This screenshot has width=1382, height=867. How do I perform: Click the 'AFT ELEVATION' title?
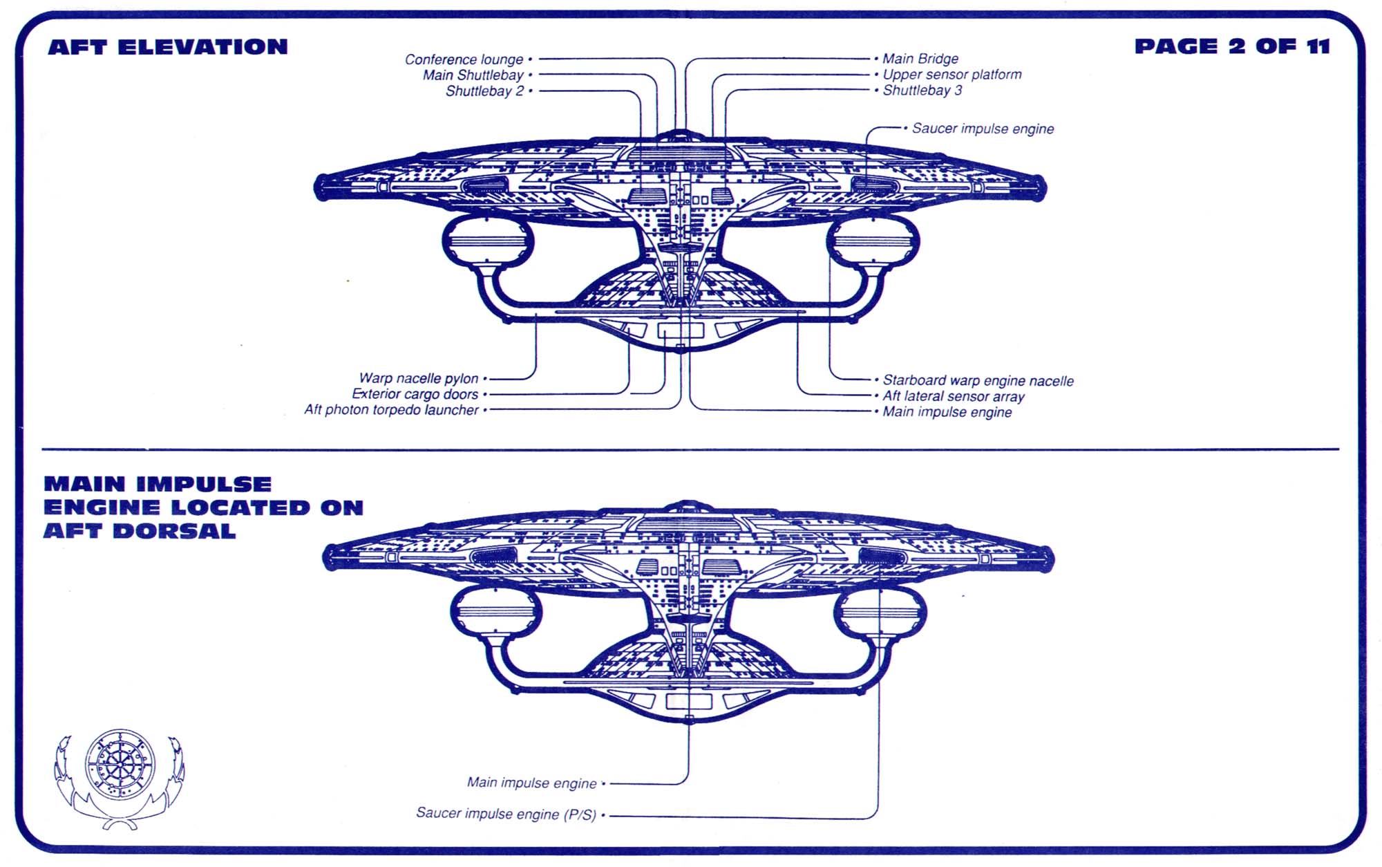point(168,47)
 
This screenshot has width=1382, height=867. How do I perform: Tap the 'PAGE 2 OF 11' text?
point(1232,46)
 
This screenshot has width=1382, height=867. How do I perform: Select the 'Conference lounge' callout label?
point(464,59)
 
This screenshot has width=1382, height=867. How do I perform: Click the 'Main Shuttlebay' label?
point(473,75)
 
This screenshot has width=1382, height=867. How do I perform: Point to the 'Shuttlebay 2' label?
point(484,91)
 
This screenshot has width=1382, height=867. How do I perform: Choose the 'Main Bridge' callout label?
point(920,59)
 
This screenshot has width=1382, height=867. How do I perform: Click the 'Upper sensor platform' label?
point(952,75)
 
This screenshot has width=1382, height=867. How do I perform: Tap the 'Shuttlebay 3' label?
point(922,91)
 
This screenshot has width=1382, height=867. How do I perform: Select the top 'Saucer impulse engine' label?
point(983,129)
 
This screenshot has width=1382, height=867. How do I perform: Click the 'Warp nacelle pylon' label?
point(418,378)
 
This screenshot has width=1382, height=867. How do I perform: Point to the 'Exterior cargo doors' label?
point(415,394)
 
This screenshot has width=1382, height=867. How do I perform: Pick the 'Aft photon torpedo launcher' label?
point(391,410)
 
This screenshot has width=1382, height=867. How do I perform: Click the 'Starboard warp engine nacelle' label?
point(978,380)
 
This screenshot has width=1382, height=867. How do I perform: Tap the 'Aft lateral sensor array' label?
point(953,396)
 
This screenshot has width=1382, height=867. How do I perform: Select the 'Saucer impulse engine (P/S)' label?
point(506,814)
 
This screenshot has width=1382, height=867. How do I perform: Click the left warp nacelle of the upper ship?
point(488,242)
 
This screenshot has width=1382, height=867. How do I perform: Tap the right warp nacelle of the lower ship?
point(880,613)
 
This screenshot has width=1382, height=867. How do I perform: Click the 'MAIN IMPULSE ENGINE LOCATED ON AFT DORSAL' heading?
point(203,507)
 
